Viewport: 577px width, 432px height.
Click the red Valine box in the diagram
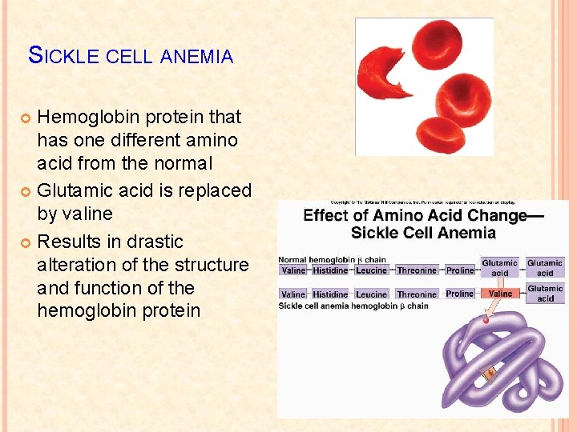500,294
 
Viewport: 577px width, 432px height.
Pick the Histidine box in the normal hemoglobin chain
330,270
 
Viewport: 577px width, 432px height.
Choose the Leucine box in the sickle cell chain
372,294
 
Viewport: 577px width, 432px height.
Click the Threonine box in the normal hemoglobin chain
417,270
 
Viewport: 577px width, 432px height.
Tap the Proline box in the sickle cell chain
460,294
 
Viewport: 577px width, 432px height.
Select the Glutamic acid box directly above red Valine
500,267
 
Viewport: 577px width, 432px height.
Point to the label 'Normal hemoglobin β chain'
332,259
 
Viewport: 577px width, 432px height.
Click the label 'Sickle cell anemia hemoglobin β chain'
353,306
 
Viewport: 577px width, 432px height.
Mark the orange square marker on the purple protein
490,373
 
